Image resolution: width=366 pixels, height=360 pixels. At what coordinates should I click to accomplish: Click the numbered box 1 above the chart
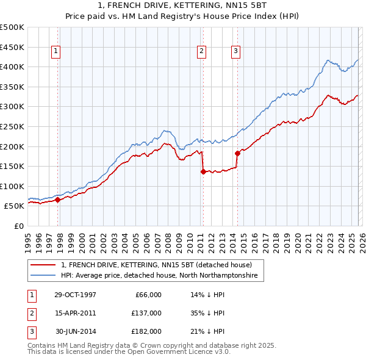click(56, 52)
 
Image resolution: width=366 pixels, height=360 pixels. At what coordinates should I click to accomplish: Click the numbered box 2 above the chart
click(201, 52)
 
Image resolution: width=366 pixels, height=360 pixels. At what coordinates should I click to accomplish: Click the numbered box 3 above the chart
click(235, 52)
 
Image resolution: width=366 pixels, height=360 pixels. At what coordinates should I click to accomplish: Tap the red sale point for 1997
click(58, 200)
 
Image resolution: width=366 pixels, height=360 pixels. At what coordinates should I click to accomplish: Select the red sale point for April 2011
click(203, 171)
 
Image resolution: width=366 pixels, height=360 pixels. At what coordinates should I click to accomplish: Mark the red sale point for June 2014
click(237, 153)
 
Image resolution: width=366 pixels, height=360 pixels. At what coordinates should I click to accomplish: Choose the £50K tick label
click(15, 206)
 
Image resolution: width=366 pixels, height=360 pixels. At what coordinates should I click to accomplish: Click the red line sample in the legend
click(44, 265)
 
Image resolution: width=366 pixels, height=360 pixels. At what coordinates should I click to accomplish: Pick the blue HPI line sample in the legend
click(44, 276)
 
